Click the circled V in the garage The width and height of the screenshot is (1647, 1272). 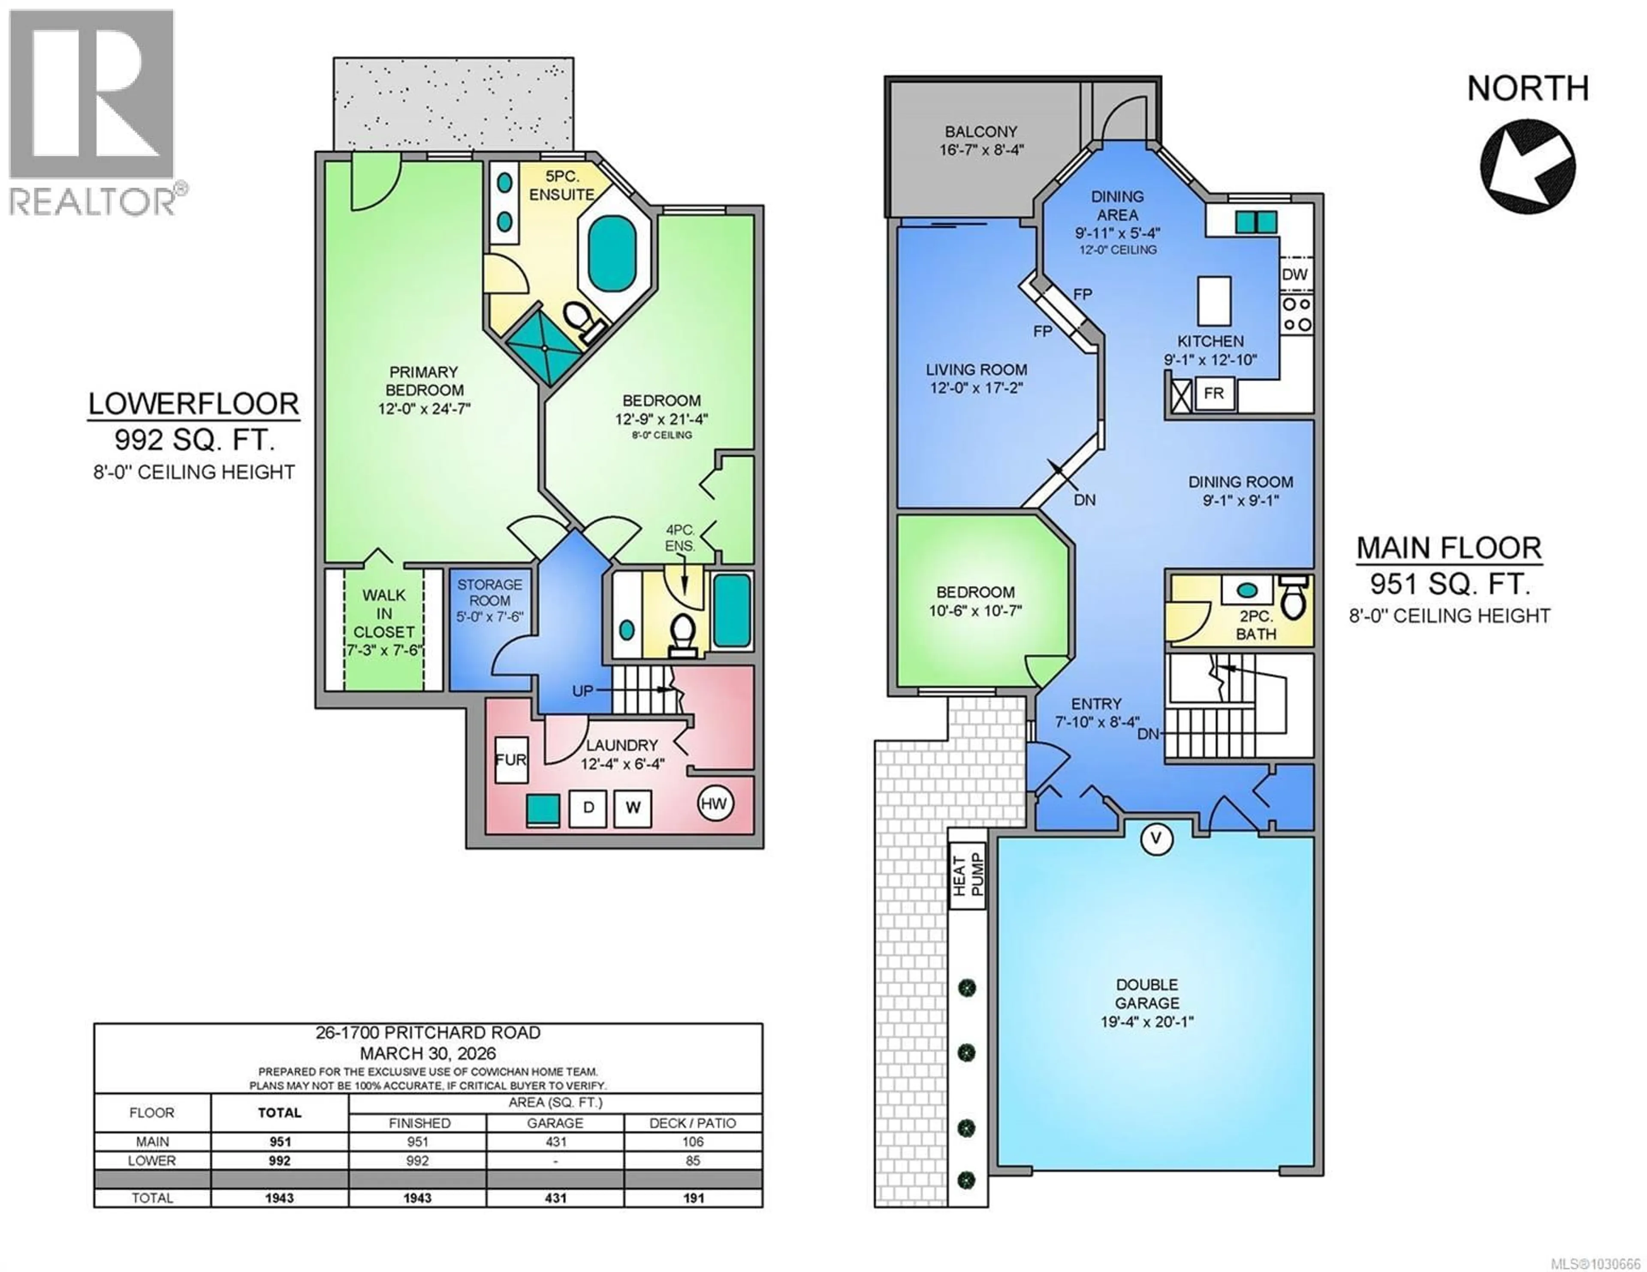[1156, 838]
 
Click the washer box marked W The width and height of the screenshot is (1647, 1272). [633, 808]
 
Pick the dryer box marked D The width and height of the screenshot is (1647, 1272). [588, 808]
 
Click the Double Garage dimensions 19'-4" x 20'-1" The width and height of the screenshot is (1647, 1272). [1146, 1022]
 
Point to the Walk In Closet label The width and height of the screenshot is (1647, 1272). [384, 613]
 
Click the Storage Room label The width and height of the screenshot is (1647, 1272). [489, 592]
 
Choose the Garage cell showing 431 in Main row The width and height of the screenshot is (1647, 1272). [555, 1142]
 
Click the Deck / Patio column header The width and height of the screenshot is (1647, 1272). [692, 1123]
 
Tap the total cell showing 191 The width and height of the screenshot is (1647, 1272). [692, 1197]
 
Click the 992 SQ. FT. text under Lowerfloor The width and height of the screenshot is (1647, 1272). [194, 439]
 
